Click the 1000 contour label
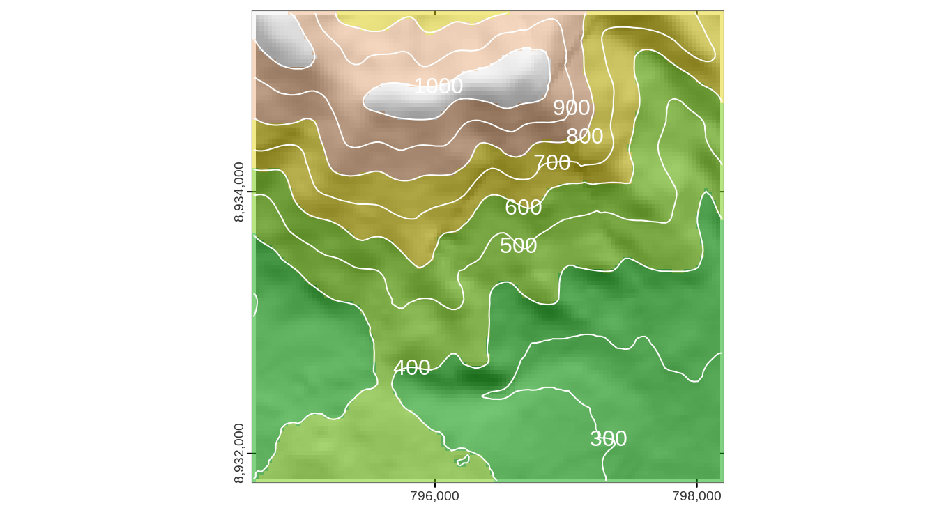[438, 86]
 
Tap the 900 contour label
[571, 108]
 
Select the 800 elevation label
[584, 137]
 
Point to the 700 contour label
[551, 163]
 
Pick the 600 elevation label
[523, 208]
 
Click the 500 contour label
[518, 246]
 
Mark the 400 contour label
[411, 368]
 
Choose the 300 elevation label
[608, 439]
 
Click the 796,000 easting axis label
[434, 496]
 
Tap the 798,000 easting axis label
[696, 496]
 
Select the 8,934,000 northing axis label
[239, 192]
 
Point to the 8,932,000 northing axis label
[239, 453]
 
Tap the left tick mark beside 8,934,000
[249, 192]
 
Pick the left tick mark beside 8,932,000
[249, 454]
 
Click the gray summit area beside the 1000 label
[488, 84]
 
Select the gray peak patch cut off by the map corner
[279, 38]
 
